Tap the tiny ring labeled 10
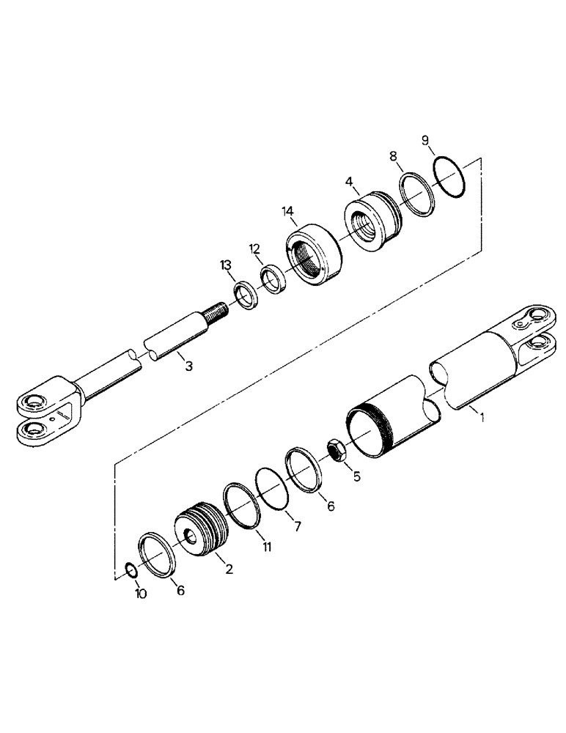(x=129, y=570)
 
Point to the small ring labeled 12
(x=274, y=279)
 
